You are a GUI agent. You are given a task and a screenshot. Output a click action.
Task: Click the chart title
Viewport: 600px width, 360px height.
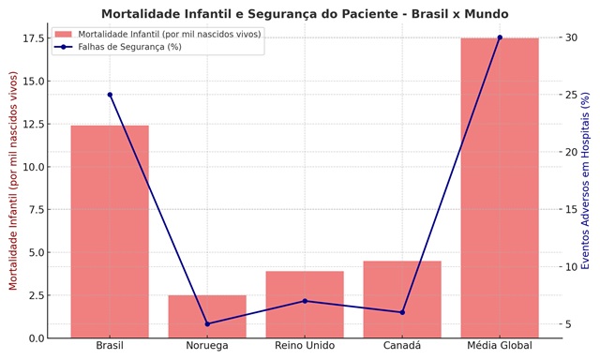pyautogui.click(x=305, y=14)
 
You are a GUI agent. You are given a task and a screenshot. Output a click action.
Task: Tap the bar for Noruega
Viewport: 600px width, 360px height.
pyautogui.click(x=207, y=316)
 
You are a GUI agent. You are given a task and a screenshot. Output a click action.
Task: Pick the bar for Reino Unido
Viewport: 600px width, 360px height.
pyautogui.click(x=305, y=304)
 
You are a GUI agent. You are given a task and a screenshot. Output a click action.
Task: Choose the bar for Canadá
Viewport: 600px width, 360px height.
pyautogui.click(x=402, y=299)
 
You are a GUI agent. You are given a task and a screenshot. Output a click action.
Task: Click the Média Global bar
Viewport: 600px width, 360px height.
pyautogui.click(x=500, y=187)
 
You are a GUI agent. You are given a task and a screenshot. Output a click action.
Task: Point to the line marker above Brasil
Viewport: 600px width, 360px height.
pyautogui.click(x=110, y=95)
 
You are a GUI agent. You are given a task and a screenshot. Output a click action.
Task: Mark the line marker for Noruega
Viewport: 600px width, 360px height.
pyautogui.click(x=207, y=324)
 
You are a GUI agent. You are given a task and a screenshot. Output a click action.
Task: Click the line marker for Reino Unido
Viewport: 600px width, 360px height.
pyautogui.click(x=305, y=301)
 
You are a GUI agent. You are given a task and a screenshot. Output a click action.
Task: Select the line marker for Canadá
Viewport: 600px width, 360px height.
pyautogui.click(x=402, y=312)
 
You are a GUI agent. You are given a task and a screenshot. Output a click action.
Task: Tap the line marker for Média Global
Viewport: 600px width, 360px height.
pyautogui.click(x=500, y=37)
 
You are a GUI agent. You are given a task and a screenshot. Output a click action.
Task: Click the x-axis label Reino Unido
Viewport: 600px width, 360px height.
pyautogui.click(x=305, y=346)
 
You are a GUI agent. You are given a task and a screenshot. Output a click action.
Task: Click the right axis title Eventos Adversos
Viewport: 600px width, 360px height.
pyautogui.click(x=586, y=181)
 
